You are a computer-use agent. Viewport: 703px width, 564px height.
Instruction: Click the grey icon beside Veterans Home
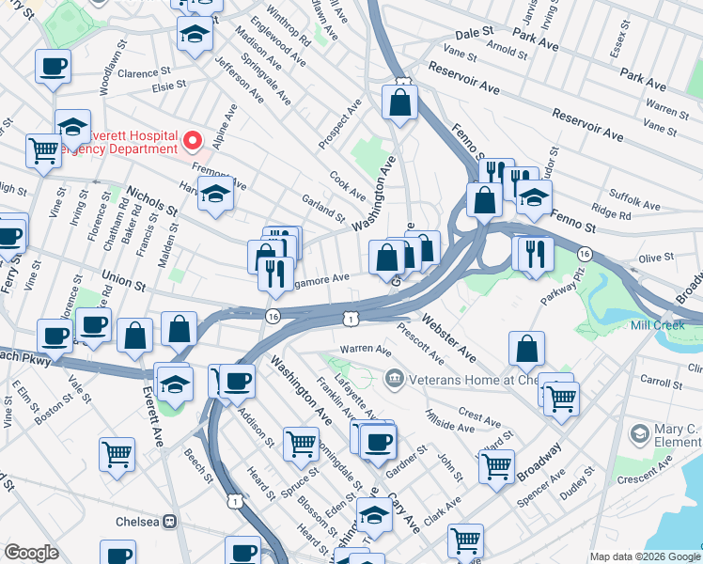[x=395, y=379]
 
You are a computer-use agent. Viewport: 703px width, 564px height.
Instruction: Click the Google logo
[x=32, y=553]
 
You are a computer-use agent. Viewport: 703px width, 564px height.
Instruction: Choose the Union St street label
[x=127, y=279]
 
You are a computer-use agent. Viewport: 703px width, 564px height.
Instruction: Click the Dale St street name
[x=476, y=33]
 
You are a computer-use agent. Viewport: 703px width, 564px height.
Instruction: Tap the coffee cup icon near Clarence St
[x=54, y=67]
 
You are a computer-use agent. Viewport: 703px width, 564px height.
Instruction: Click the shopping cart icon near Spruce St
[x=301, y=442]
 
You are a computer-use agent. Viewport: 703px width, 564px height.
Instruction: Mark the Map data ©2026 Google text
[x=644, y=556]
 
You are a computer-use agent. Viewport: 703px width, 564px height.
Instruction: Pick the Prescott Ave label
[x=421, y=344]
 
